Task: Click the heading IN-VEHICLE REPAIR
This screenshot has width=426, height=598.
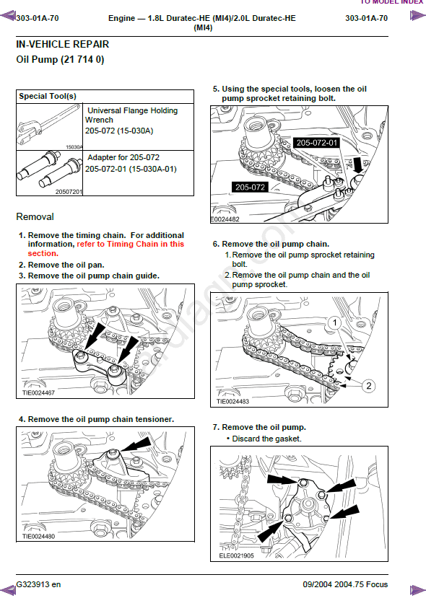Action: (x=63, y=44)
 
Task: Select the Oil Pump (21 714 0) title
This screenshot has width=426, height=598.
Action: (x=60, y=59)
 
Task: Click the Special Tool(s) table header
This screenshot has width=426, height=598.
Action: (x=48, y=96)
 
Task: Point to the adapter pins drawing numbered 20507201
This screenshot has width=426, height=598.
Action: (x=49, y=172)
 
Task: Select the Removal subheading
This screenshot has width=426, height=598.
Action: (x=35, y=216)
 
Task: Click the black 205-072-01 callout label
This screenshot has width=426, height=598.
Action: (x=317, y=143)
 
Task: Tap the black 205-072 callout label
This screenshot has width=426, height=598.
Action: (x=250, y=187)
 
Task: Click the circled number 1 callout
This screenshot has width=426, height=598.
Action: (x=335, y=323)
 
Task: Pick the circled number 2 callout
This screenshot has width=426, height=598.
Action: (x=368, y=386)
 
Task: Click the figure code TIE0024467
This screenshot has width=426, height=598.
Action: (x=38, y=393)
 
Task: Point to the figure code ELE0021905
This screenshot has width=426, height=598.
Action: (x=236, y=555)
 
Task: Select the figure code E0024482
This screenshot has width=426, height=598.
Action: (x=225, y=219)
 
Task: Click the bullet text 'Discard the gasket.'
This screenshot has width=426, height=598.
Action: (x=266, y=439)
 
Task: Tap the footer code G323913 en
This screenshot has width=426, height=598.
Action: (x=38, y=584)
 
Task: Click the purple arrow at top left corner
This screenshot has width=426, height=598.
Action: (x=8, y=17)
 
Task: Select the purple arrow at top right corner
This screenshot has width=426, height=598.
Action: (x=418, y=16)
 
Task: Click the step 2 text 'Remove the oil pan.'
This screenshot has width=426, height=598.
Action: (x=66, y=265)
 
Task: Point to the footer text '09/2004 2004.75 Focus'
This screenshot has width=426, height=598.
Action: (x=345, y=584)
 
